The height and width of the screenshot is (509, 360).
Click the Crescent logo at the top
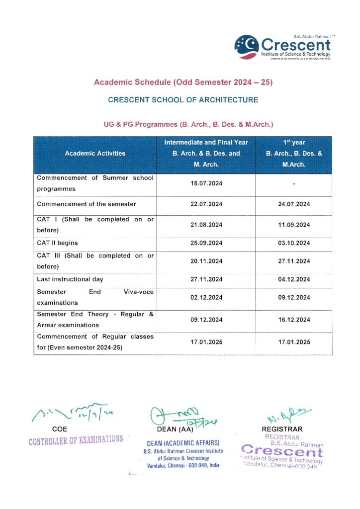[282, 46]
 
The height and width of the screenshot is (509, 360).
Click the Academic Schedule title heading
[183, 82]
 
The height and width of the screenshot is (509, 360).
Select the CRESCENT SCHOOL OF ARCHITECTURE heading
[183, 100]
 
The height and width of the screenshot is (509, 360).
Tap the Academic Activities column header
[95, 154]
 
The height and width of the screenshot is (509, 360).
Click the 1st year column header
[294, 154]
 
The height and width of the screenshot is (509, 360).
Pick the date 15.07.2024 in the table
[206, 184]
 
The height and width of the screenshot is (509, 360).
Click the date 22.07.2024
[206, 204]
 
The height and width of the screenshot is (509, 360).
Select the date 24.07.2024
[294, 204]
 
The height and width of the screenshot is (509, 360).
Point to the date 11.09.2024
[294, 225]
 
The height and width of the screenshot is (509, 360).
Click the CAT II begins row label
[57, 243]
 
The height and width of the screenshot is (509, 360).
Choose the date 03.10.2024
[294, 243]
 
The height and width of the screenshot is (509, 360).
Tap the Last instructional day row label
[70, 279]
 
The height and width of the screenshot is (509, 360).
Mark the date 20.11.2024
[206, 261]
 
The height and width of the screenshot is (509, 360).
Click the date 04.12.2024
[294, 279]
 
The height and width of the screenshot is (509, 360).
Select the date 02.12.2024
[206, 298]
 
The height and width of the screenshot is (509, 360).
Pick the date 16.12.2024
[294, 320]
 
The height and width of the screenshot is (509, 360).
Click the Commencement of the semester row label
[87, 204]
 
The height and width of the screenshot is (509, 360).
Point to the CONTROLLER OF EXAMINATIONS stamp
[76, 439]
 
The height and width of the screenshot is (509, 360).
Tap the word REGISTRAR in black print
[282, 429]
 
